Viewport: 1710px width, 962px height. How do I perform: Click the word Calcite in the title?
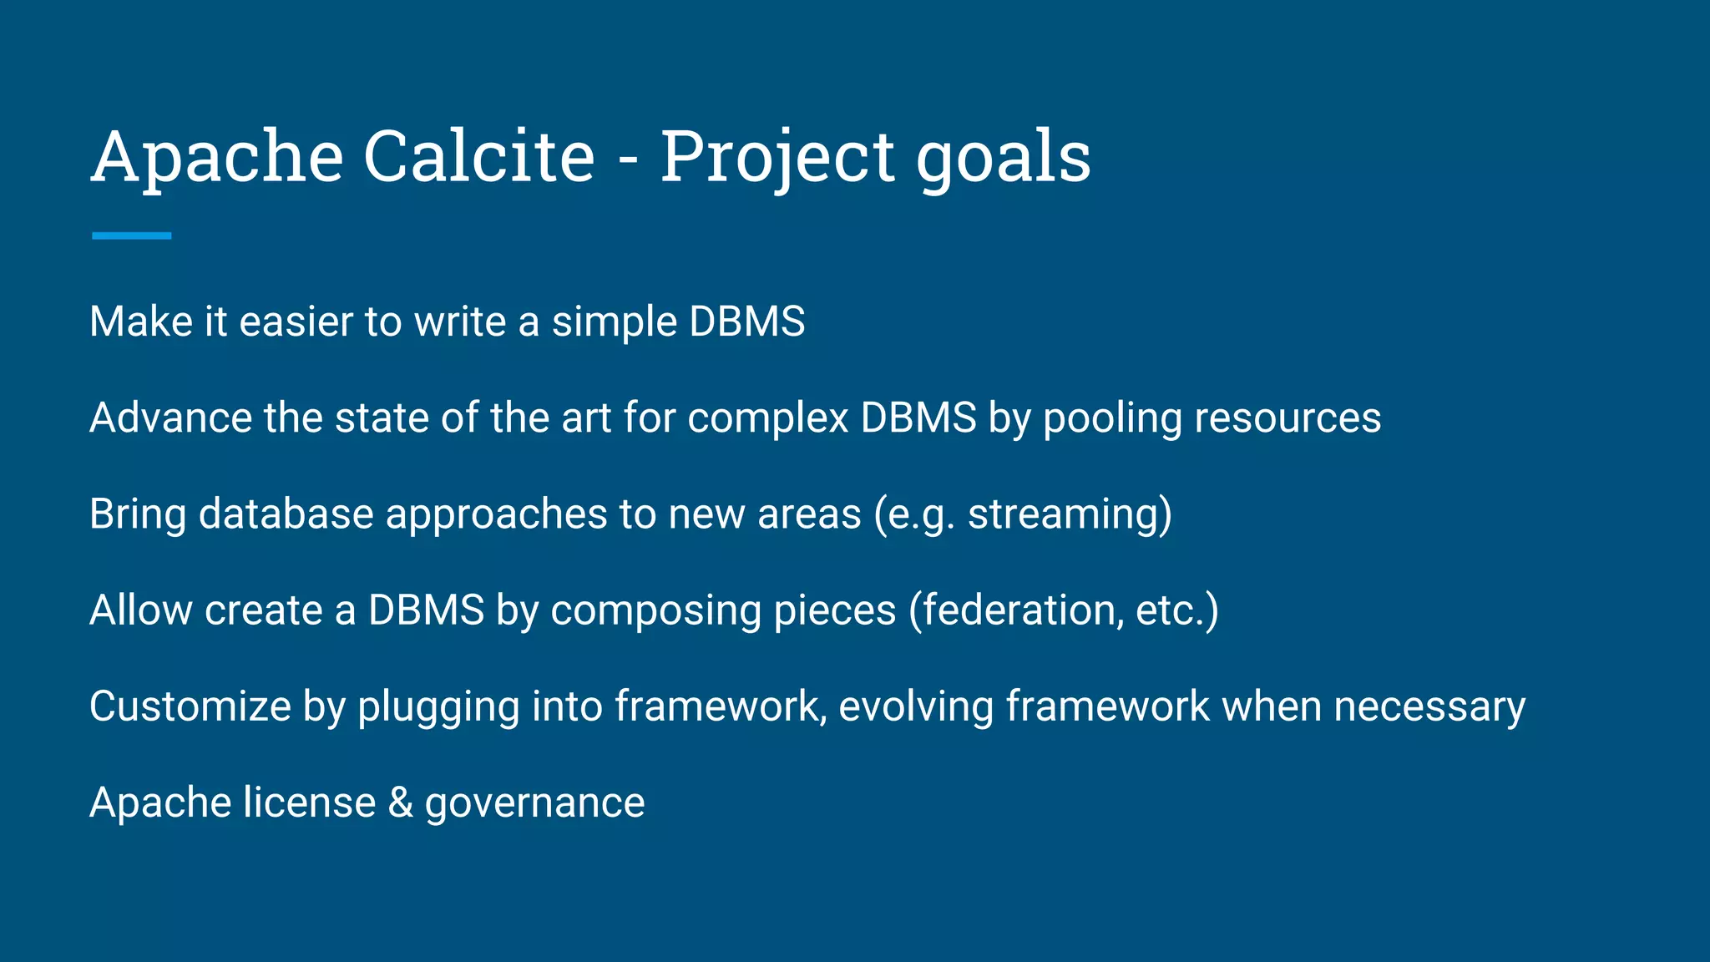(x=479, y=156)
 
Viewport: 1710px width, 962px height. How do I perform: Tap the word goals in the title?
(x=1003, y=159)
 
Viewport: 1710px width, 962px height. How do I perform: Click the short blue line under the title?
(x=131, y=236)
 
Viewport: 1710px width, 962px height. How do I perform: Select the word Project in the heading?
(x=777, y=159)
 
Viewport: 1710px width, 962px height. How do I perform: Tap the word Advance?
(x=170, y=418)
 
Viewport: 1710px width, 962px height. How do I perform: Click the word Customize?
(x=190, y=706)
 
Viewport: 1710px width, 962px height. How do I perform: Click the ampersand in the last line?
(x=401, y=803)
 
